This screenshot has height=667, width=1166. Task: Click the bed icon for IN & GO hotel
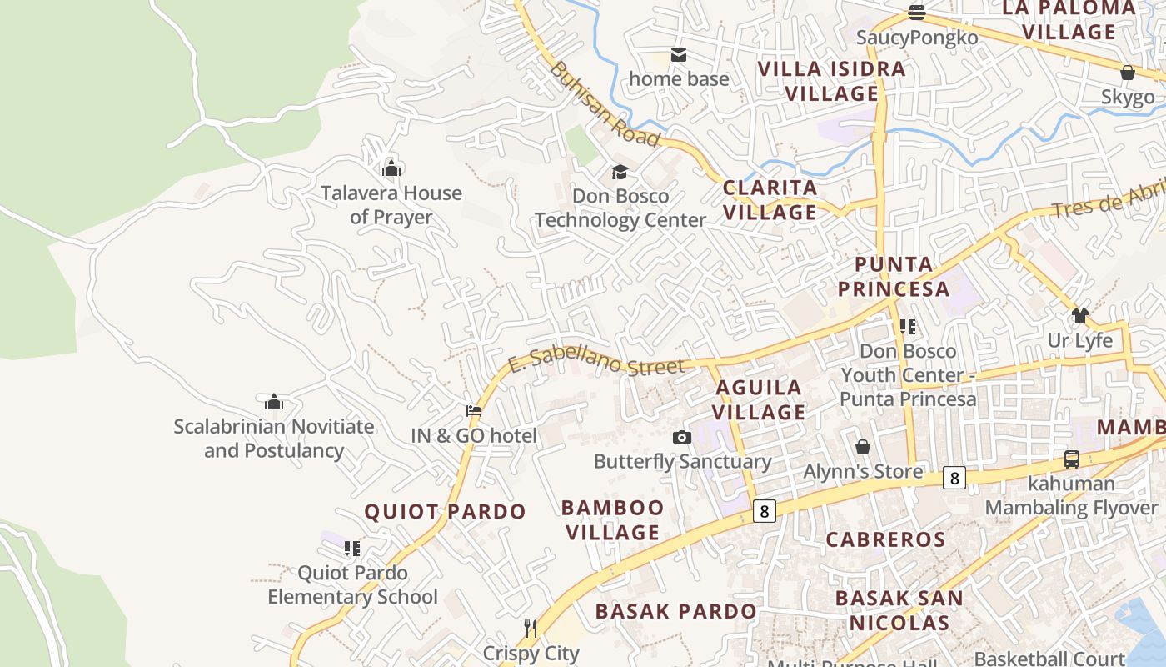pos(474,410)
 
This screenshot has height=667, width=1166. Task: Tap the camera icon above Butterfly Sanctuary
pos(682,437)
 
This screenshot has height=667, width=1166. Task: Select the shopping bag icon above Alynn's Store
pos(863,447)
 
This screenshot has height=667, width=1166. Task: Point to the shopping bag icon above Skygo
pos(1128,73)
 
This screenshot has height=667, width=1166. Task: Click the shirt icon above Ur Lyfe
pos(1080,316)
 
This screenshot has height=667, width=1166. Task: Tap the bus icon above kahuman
pos(1072,459)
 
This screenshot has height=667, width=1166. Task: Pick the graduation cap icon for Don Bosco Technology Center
pos(620,172)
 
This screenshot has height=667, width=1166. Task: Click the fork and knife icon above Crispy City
pos(531,628)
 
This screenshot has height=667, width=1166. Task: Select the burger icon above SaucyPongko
pos(917,13)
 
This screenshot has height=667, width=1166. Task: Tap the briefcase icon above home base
pos(679,55)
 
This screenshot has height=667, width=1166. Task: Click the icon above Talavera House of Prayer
pos(391,168)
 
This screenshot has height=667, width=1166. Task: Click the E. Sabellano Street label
pos(596,361)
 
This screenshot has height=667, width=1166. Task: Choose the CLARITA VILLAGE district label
pos(770,200)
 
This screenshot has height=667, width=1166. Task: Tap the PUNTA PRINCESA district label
pos(894,277)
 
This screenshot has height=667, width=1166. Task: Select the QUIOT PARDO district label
pos(446,512)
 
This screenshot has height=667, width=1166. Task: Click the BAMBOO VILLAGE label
pos(612,519)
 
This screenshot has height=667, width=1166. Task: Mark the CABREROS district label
pos(885,539)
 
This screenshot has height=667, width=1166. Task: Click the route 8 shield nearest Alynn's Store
pos(954,479)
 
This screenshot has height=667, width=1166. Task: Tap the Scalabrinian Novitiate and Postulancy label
pos(274,439)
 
